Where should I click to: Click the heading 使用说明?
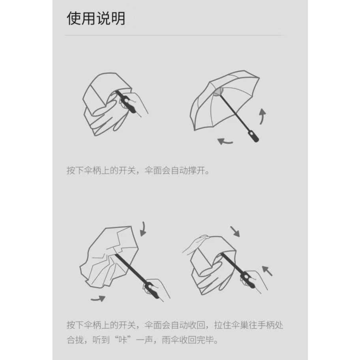[96, 19]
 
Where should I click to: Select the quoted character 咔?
[123, 340]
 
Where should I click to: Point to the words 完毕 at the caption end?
[205, 340]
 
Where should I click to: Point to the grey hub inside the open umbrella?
[218, 92]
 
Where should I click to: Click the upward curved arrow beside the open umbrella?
[262, 116]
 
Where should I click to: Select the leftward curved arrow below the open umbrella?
[225, 141]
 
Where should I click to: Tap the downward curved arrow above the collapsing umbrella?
[143, 229]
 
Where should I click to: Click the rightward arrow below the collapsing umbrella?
[98, 299]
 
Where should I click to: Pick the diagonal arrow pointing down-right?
[235, 231]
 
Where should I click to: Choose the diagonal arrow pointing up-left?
[267, 271]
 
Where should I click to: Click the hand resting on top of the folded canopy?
[195, 244]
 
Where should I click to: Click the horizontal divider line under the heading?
[174, 36]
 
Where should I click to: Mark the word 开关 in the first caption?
[127, 171]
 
